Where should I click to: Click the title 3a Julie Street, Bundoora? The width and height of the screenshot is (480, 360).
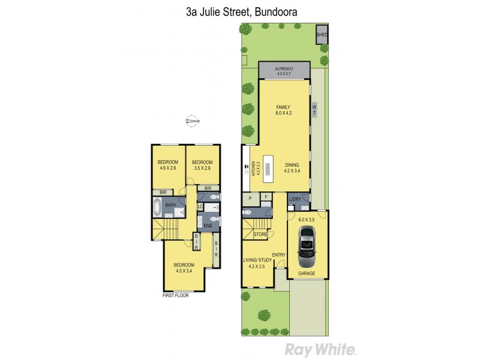tap(239, 11)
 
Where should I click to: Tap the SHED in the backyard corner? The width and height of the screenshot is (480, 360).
tap(322, 35)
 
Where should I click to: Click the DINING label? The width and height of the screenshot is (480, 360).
tap(292, 166)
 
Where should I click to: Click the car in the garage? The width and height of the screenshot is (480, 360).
tap(307, 246)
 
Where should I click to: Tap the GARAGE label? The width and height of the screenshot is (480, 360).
tap(307, 273)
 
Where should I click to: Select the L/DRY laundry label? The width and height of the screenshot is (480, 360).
tap(295, 199)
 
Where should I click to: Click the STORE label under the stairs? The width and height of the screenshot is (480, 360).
tap(260, 234)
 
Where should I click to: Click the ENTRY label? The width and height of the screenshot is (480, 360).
tap(279, 255)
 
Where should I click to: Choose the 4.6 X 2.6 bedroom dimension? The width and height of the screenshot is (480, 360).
tap(168, 169)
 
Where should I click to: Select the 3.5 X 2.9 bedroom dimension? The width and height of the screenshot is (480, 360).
tap(202, 169)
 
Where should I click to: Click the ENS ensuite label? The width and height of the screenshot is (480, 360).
tap(208, 225)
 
